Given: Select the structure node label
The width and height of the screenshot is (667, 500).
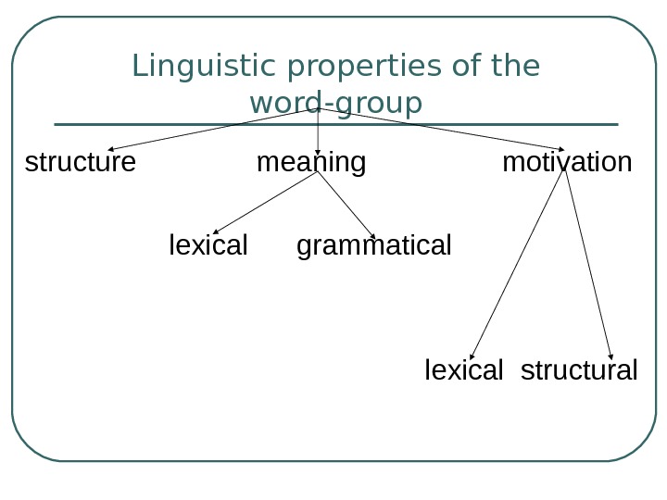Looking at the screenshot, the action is pos(80,163).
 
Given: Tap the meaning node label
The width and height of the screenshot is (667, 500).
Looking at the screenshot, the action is pos(311,163).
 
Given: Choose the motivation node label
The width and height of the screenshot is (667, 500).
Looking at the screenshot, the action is pos(567,163).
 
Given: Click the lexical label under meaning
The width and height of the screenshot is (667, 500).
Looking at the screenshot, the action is pos(208,245).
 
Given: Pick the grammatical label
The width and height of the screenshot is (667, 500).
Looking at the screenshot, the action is pos(374,245).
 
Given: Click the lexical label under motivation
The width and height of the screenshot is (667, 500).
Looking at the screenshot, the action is pos(464,370).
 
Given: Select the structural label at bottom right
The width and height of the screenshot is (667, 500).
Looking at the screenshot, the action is pos(579,370).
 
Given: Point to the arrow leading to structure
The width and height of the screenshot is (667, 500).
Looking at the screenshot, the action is pos(213,128).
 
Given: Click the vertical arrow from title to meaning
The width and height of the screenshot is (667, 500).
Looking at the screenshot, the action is pos(319,130).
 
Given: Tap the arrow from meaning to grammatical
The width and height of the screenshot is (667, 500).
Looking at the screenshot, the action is pos(346,204).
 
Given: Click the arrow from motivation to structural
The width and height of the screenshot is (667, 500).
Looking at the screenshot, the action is pos(589,265).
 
